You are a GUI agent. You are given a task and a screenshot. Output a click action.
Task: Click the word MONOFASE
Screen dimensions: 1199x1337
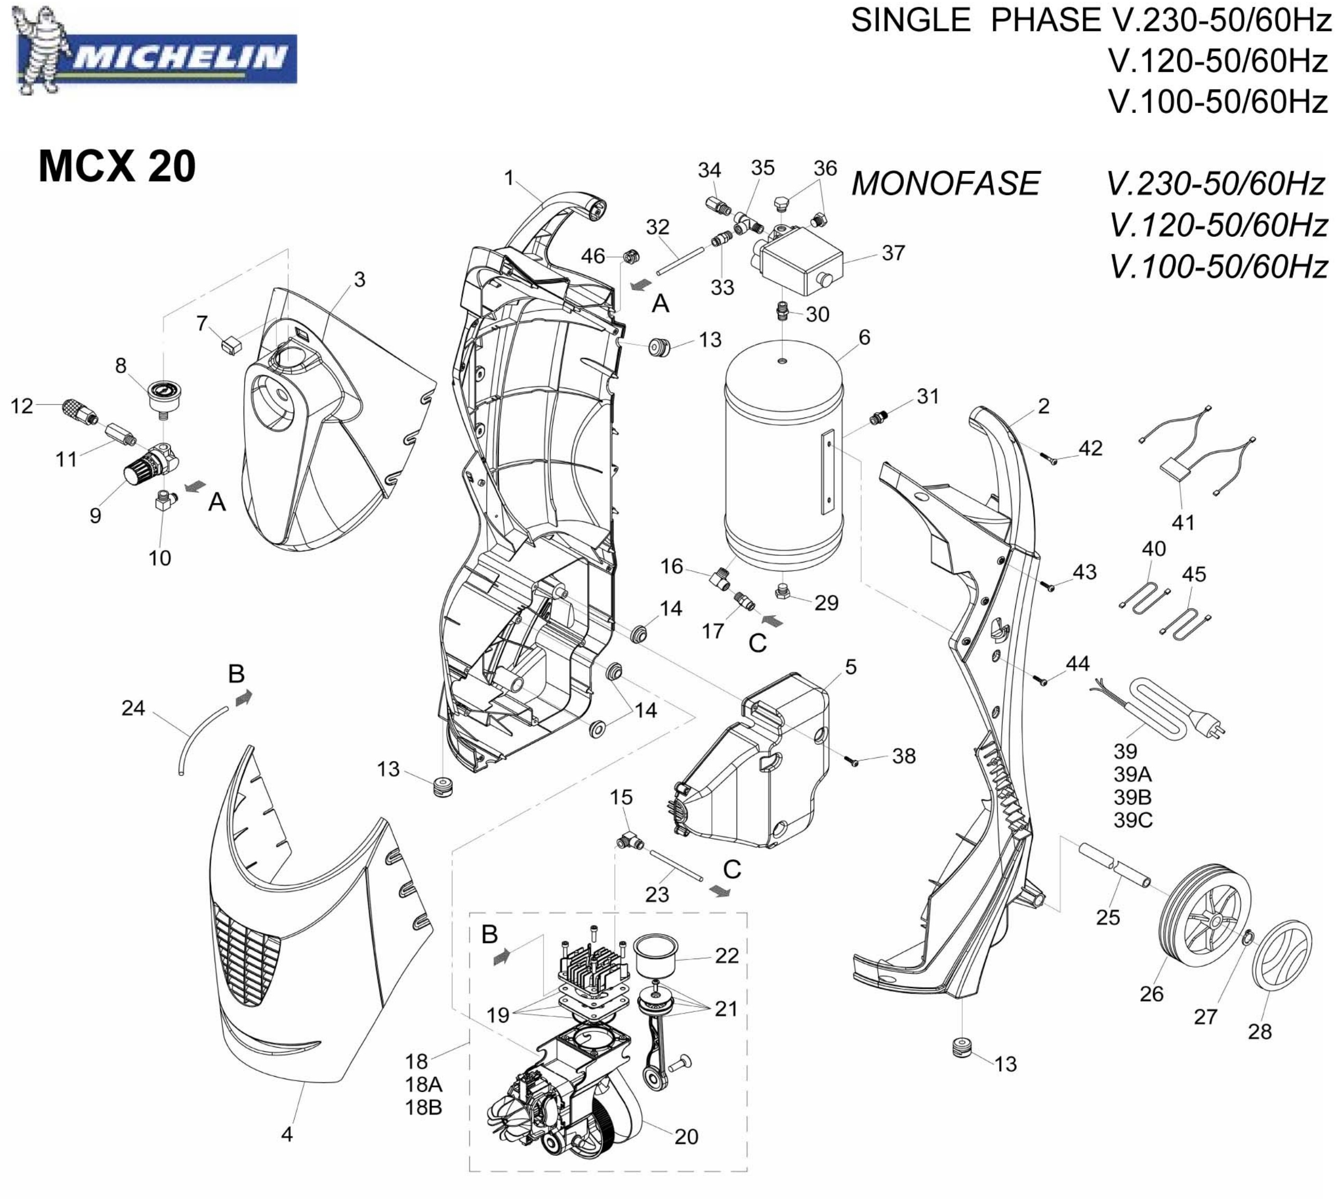coord(945,183)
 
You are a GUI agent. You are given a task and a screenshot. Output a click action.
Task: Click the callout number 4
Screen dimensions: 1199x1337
coord(287,1134)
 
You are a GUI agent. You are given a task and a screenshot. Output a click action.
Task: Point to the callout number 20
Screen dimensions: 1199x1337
coord(686,1137)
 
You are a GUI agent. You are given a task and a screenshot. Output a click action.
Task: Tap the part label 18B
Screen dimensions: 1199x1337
coord(424,1107)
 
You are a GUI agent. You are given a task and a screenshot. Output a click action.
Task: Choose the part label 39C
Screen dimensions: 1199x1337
coord(1133,820)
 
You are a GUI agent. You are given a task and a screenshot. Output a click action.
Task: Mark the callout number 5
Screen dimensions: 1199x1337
coord(851,667)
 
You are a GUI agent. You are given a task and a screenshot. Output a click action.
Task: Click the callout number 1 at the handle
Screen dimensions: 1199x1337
coord(508,178)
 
